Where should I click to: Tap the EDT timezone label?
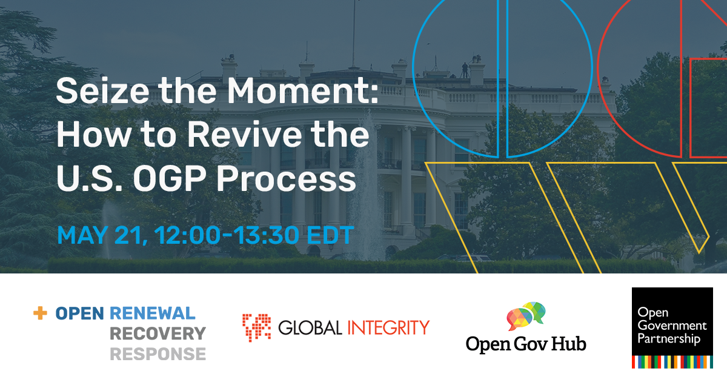331,236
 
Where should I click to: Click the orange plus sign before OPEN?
40,313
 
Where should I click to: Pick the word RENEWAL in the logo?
153,313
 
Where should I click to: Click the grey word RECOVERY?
158,333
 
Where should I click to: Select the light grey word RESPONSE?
158,354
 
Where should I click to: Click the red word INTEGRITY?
388,328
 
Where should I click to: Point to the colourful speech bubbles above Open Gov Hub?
526,316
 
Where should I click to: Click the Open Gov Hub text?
526,344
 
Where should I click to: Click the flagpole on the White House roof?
353,27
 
